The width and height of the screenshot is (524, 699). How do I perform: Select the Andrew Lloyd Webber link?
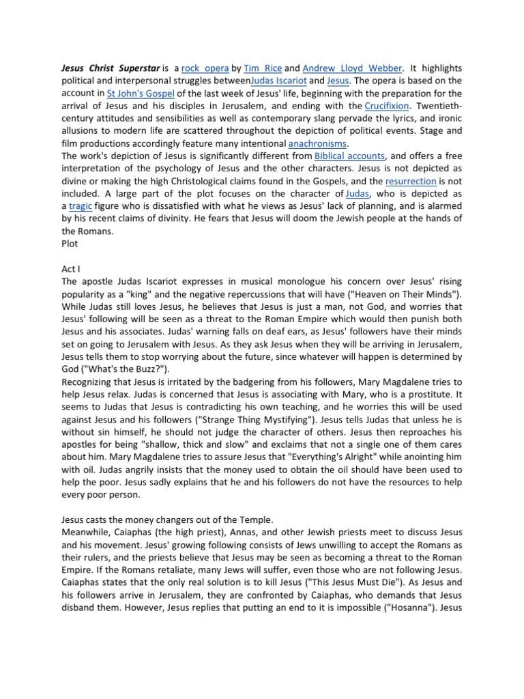click(353, 68)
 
